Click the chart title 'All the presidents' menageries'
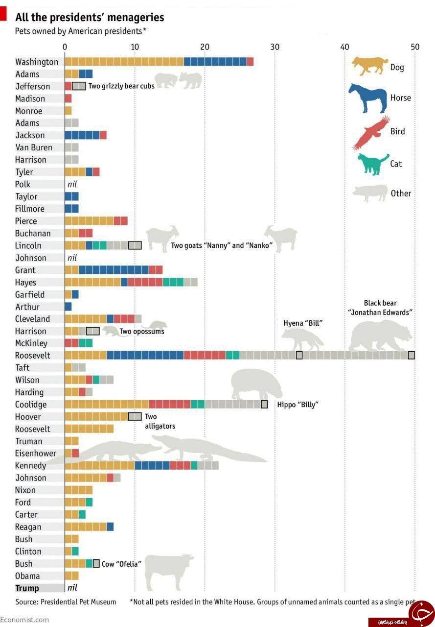pos(90,17)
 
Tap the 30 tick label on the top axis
pos(275,47)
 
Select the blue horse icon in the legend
pos(367,98)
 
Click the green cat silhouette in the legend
pos(373,164)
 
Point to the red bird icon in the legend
pos(371,133)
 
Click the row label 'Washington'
pos(37,62)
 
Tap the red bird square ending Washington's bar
pos(250,62)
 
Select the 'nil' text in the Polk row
pos(72,184)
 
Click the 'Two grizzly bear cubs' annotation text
pos(121,86)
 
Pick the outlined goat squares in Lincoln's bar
pos(135,245)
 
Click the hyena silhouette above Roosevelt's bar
pos(302,339)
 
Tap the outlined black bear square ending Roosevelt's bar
pos(411,355)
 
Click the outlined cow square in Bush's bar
pos(96,563)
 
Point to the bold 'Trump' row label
pos(27,588)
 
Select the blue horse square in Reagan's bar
pos(110,527)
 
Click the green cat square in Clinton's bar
pos(75,551)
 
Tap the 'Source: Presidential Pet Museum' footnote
pos(66,602)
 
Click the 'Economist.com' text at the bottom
pos(24,620)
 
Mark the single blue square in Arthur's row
pos(68,307)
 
